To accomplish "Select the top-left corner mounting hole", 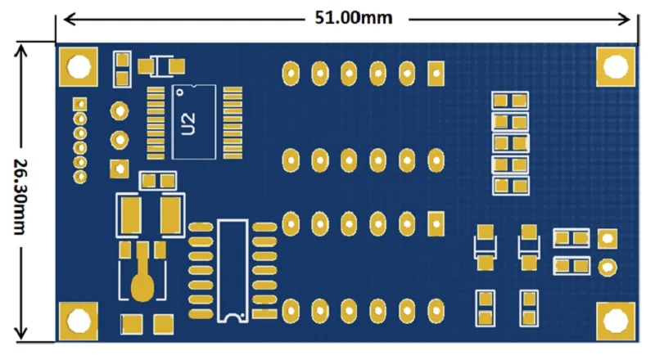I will click(79, 67).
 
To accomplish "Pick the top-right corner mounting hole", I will click(615, 66).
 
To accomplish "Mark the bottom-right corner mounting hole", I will click(615, 320).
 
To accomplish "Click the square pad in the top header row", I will click(435, 73).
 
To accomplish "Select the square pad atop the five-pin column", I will click(79, 105).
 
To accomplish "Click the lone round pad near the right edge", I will click(607, 266).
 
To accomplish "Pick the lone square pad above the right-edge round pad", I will click(607, 238).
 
